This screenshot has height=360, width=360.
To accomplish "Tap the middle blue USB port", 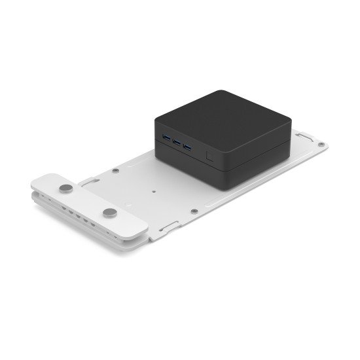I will coord(177,141).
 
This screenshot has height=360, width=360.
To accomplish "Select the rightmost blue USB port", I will coord(188,145).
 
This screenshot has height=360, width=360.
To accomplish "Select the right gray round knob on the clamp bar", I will coord(109,213).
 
